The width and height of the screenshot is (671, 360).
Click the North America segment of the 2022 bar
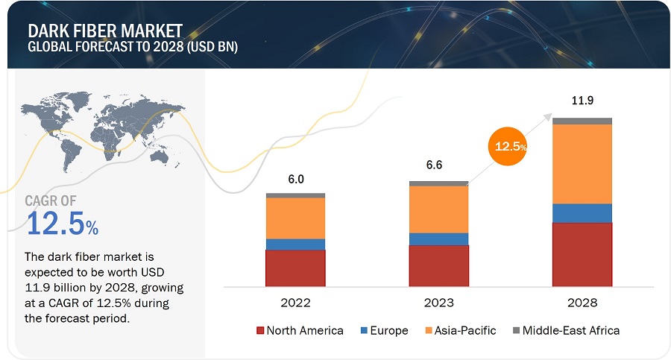click(x=295, y=268)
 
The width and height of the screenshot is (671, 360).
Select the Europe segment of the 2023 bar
click(x=438, y=239)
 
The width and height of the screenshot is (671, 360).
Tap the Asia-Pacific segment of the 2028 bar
click(x=582, y=163)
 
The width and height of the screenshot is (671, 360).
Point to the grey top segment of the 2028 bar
click(x=582, y=121)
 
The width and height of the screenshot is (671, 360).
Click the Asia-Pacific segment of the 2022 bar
click(x=295, y=218)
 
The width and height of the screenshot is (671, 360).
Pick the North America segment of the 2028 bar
click(x=582, y=254)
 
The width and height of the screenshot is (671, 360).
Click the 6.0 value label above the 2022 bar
click(x=295, y=180)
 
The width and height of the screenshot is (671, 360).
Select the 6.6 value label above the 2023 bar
click(x=438, y=167)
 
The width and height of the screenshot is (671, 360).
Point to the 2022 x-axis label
click(x=295, y=303)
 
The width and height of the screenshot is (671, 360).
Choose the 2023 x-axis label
click(x=438, y=303)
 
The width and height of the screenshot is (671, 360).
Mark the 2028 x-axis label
click(x=582, y=303)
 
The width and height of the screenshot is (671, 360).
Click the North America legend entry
click(x=300, y=330)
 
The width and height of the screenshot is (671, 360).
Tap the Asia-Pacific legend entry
click(x=460, y=330)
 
